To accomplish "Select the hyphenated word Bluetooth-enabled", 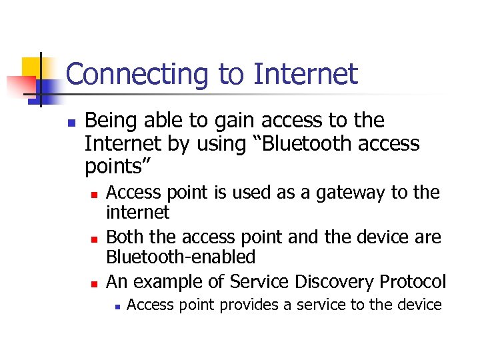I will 181,257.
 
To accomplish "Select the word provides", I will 254,306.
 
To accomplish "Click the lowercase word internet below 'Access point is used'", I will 138,213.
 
